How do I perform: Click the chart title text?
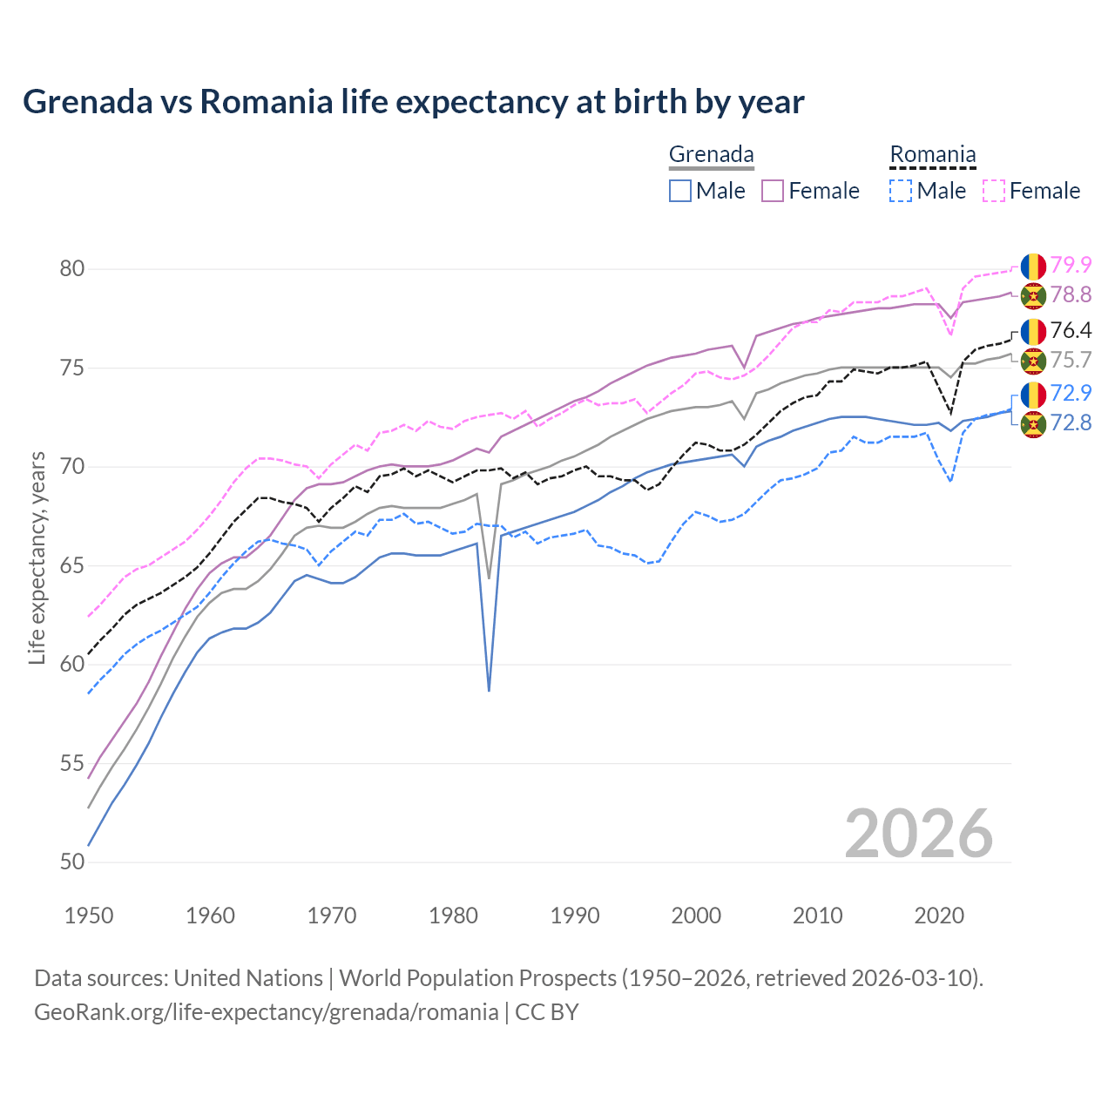click(413, 102)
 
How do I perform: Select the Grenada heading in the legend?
click(711, 155)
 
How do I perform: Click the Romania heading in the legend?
click(932, 155)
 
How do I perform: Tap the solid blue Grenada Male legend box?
click(680, 191)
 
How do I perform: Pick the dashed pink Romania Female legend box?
click(994, 191)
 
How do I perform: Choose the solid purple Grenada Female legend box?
click(773, 191)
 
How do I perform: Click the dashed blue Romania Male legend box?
click(901, 191)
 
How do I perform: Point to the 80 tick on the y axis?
click(72, 269)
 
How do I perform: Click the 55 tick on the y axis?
click(72, 764)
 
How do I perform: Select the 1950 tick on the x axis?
click(89, 916)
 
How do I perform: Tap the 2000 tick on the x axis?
click(696, 916)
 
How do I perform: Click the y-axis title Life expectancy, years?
click(37, 557)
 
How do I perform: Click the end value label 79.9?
click(1071, 265)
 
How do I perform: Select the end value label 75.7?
click(1071, 360)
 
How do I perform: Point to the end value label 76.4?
click(1071, 330)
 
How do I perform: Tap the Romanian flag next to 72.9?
click(1033, 394)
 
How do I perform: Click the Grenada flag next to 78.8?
click(1033, 295)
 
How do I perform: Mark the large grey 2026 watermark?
click(918, 834)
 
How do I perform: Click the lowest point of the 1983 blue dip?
click(489, 690)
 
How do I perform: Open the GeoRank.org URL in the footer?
click(266, 1012)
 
